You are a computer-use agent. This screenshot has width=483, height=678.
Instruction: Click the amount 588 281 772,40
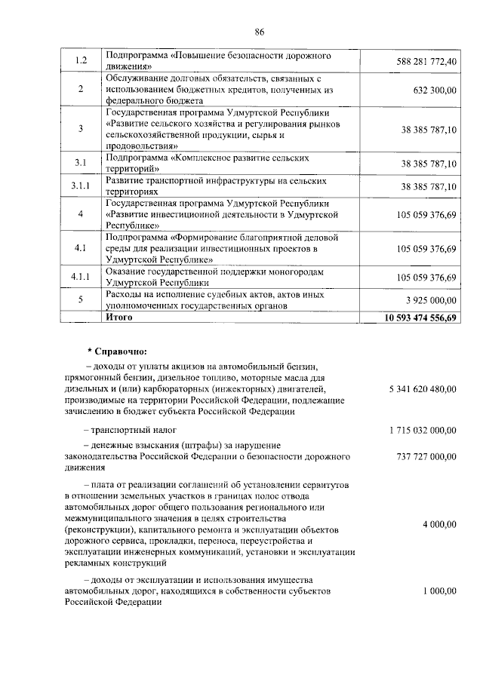(426, 61)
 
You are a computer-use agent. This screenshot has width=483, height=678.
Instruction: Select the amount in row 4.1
(426, 248)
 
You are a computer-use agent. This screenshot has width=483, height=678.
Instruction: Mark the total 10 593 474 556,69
(421, 318)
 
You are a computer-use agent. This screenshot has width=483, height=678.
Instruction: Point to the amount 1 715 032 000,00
(423, 430)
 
